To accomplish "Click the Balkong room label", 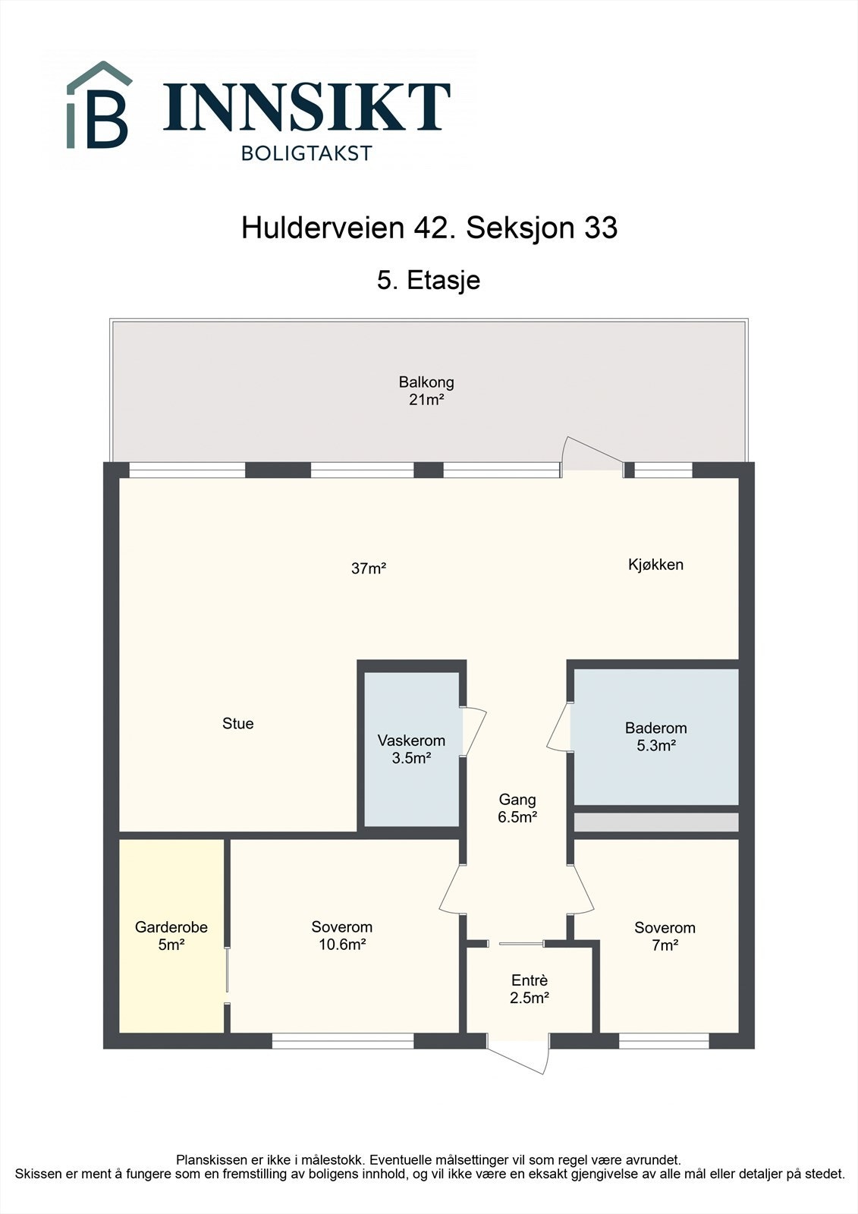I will (426, 382).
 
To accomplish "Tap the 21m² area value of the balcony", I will (426, 400).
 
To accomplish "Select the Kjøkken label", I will (655, 565).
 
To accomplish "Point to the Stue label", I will (237, 724).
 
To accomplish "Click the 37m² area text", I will (369, 568).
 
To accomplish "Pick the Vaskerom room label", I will (411, 741).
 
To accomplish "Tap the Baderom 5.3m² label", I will (655, 737).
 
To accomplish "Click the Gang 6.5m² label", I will (517, 808).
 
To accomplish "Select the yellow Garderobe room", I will (171, 936).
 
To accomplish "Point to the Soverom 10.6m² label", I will (341, 936).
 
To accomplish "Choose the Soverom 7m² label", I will (665, 936).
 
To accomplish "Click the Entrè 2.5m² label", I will (529, 989).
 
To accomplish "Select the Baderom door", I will (560, 727).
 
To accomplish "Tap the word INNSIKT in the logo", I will (306, 107).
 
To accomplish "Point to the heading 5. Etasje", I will (429, 280).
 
